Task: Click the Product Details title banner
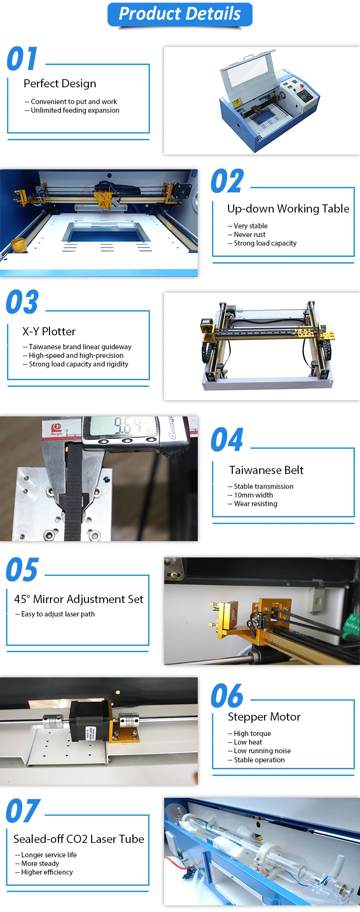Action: coord(180,14)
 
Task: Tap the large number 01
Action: coord(22,59)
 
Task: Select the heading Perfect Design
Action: coord(60,84)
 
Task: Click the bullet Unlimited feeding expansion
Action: coord(75,110)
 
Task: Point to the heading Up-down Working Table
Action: coord(288,209)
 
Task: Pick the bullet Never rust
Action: coord(249,235)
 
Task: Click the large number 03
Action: coord(22,302)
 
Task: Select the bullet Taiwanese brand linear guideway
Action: coord(80,347)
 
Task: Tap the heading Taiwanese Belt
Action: coord(266,470)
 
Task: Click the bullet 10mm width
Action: coord(253,495)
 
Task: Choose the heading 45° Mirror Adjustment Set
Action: coord(79,599)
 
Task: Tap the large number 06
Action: coord(227,697)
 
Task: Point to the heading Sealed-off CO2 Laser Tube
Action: coord(79,839)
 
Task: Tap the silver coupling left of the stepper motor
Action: coord(52,722)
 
